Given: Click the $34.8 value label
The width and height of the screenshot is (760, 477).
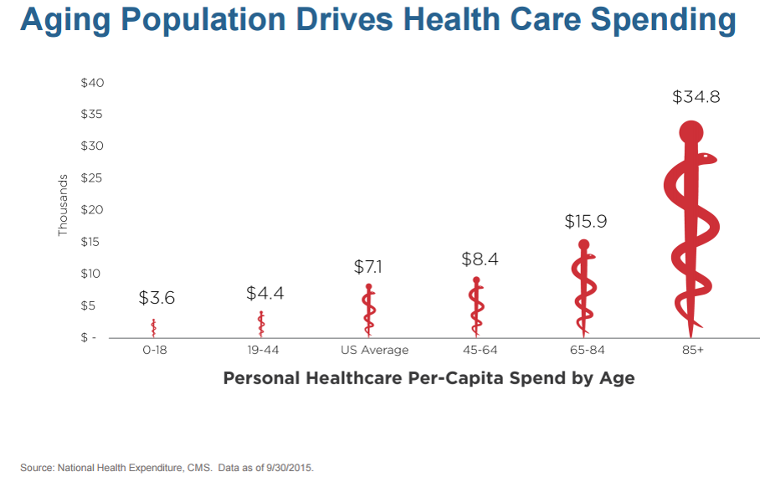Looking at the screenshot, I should coord(696,97).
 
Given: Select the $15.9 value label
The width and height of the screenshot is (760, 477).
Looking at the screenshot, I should coord(585,222).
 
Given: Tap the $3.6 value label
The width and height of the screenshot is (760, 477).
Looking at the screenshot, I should coord(157,297).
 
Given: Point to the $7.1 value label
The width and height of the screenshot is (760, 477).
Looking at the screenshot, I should coord(369,267).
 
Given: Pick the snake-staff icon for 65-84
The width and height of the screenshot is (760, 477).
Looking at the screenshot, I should coord(584,286).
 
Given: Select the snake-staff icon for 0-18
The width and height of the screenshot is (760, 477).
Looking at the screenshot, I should coord(154,327).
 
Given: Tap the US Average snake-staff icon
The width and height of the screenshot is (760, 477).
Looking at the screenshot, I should coord(369,310).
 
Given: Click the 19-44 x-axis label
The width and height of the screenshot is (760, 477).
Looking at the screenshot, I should coord(263,350).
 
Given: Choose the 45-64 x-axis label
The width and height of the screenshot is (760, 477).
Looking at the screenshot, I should coord(478,350).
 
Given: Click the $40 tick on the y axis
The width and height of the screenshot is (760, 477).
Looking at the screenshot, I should coord(92,83).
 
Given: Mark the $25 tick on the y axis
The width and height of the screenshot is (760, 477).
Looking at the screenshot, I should coord(92,178).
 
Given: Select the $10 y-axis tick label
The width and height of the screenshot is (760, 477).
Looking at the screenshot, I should coord(92,274).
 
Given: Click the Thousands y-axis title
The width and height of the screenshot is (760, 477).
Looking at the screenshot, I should coord(63,205).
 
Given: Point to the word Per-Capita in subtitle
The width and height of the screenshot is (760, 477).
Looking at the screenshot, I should coord(455,378).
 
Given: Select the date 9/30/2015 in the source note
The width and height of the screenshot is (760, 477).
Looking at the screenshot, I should coord(289,466).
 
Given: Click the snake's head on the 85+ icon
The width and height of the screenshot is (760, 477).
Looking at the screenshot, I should coord(707,157).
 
